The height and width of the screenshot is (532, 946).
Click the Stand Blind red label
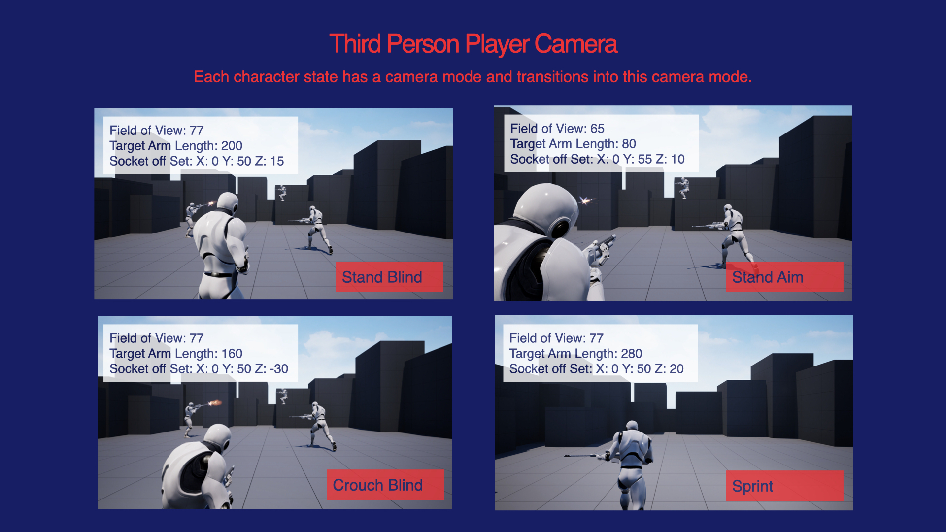389,277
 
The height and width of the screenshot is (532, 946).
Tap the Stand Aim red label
784,277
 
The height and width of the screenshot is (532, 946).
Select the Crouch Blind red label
385,485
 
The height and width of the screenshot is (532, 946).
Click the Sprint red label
784,486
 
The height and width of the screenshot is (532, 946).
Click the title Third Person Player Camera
473,44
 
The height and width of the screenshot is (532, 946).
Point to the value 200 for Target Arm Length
232,146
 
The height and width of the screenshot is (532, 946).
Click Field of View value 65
597,129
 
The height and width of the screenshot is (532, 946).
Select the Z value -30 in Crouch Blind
279,369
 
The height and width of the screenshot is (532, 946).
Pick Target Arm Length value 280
631,354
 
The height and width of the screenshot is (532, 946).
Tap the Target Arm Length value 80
629,144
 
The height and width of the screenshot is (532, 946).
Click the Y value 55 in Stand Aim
644,159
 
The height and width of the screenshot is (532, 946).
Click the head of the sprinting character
632,426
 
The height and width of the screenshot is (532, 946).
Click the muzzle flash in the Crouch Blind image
215,403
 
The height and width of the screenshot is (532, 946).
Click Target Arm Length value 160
232,354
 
